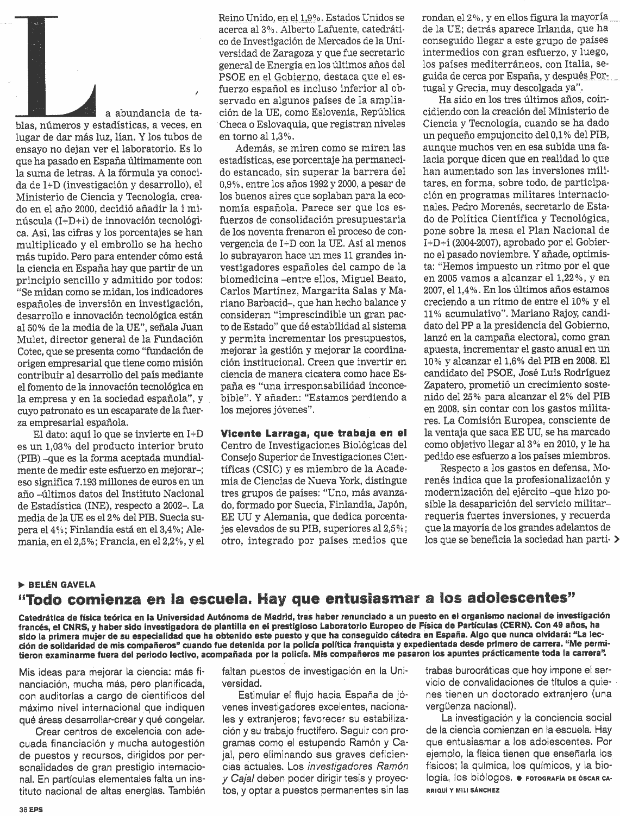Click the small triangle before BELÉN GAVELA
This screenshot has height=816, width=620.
(21, 585)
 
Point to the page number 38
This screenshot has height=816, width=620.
(22, 808)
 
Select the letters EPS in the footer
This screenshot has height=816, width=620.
(36, 808)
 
